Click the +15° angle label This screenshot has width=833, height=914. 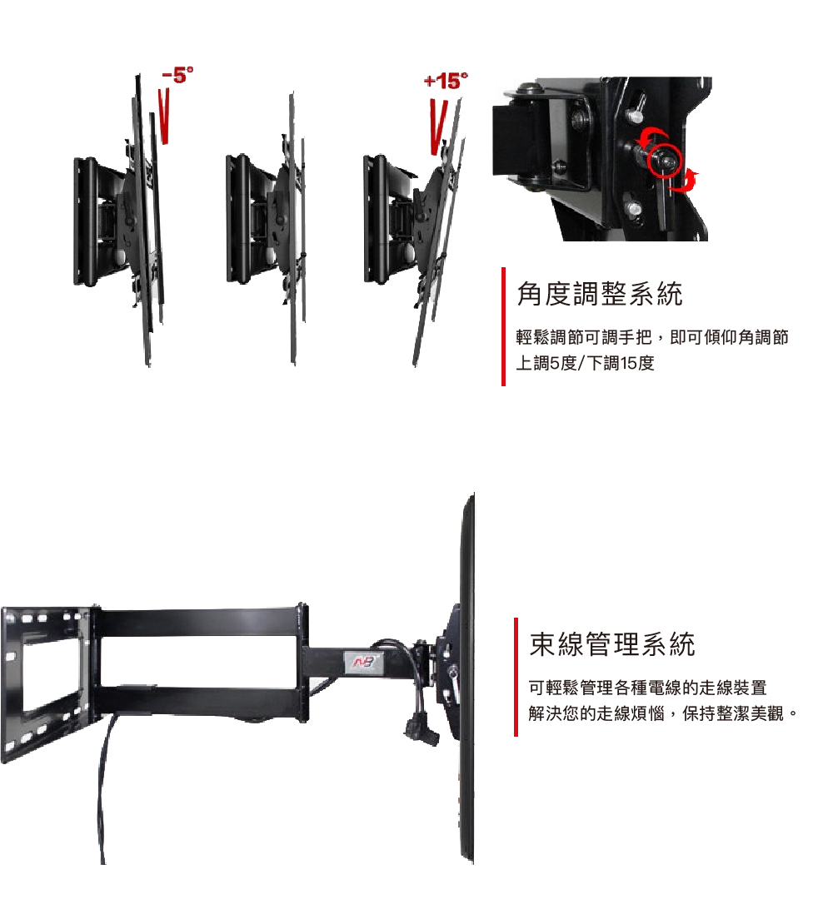point(446,82)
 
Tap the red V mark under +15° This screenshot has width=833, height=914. point(437,126)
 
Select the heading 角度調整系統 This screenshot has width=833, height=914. point(600,294)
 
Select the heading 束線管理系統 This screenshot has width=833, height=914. point(612,643)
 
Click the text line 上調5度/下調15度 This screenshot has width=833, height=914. point(585,364)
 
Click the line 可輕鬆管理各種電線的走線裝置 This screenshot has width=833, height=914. point(648,688)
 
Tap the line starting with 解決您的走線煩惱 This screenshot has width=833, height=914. point(664,714)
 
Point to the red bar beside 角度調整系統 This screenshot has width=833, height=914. point(503,326)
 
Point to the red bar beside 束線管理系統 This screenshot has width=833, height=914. point(516,677)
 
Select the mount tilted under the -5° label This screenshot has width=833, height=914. point(117,221)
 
